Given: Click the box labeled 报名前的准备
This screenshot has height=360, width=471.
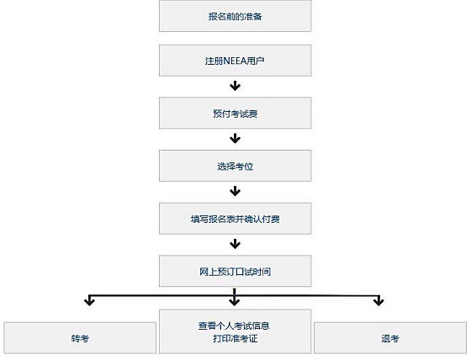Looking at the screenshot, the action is coord(235,16).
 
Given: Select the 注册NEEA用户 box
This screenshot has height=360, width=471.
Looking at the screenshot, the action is coord(235,61).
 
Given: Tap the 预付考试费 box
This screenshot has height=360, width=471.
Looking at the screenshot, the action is coord(235,113).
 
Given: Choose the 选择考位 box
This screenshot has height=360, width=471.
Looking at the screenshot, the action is coord(235,166).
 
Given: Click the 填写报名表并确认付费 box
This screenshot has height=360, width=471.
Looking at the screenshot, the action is coord(235,219).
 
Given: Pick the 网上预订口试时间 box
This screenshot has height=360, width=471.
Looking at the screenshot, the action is coord(235,271).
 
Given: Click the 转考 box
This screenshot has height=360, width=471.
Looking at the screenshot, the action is coord(80,338).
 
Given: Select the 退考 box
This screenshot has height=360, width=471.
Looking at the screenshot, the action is coord(390,338).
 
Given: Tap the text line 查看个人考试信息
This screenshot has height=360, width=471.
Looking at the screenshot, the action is coord(234,326).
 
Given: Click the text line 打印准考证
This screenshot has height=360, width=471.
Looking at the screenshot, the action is coord(235,338).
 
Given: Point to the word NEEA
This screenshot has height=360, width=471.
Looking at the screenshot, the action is coord(235,61).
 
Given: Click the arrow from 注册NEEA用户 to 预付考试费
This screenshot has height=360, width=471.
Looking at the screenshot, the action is coord(235,86).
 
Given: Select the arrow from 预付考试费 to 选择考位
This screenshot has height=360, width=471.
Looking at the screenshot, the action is coord(235,138).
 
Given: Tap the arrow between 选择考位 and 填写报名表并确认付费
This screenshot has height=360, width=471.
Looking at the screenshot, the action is coord(235,191).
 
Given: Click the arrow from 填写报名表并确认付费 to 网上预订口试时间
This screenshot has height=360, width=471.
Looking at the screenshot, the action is coord(235,244).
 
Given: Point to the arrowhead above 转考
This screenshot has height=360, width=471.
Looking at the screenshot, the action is coord(89,301).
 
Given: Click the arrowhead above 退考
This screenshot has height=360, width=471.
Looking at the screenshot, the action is coord(378,301).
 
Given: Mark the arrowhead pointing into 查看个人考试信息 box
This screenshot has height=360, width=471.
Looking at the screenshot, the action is coord(235,301).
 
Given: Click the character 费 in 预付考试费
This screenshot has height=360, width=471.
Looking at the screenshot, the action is coord(253,114).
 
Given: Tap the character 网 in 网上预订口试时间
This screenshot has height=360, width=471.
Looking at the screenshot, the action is coord(204,272).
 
